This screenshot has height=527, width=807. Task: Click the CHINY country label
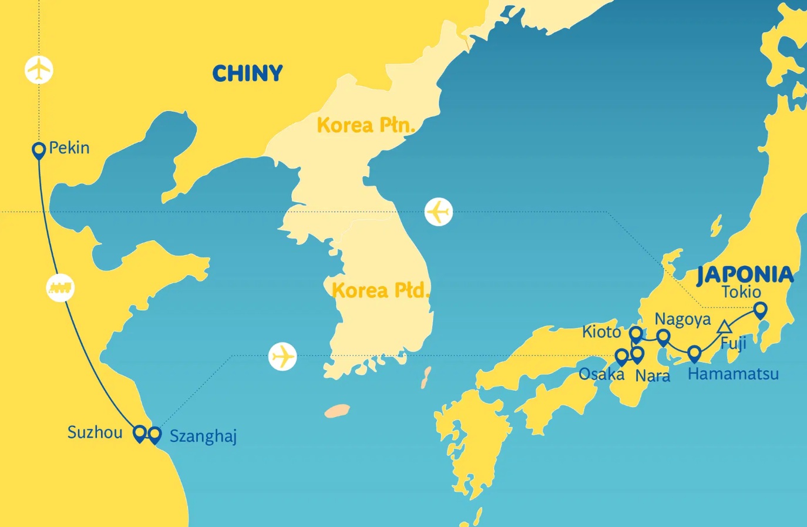[247, 73]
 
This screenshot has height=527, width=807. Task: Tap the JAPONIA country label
[745, 275]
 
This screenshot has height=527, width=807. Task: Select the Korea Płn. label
[366, 125]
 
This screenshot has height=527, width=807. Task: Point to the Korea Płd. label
[380, 290]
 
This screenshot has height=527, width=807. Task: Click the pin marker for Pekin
[39, 150]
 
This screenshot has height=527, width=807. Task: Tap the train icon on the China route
[60, 288]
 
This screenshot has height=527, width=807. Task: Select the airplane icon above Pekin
[39, 70]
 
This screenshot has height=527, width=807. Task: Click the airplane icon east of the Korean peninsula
[439, 212]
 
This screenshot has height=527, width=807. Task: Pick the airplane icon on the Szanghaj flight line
[283, 357]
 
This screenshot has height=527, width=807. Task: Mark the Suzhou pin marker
[139, 434]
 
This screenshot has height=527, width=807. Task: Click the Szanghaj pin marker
[154, 435]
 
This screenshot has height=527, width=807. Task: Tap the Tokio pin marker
[761, 309]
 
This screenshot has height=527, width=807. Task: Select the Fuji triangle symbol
[725, 327]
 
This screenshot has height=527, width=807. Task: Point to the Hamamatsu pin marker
[694, 354]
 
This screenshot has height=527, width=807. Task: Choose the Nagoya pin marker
[663, 337]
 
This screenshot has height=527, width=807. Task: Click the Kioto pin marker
[635, 334]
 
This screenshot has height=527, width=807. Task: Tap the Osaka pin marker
[621, 356]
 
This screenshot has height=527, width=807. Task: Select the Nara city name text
[653, 375]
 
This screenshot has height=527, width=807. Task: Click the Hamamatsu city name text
[733, 374]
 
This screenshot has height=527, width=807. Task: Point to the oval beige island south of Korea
[338, 410]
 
